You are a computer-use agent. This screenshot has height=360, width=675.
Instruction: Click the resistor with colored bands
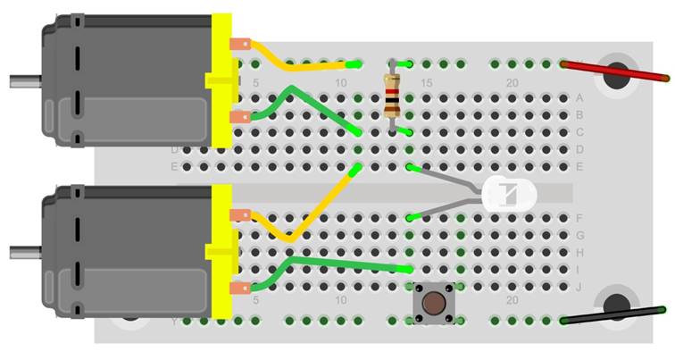[391, 97]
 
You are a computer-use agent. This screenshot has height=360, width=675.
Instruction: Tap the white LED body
[509, 193]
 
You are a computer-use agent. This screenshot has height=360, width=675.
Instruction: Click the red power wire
[616, 72]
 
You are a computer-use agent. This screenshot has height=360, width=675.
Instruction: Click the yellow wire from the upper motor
[295, 63]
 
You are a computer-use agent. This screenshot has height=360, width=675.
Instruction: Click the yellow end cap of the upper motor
[221, 80]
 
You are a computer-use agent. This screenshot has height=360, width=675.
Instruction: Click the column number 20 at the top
[512, 83]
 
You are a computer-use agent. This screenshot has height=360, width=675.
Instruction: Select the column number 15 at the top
[426, 83]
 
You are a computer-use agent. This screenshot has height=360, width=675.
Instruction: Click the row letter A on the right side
[580, 98]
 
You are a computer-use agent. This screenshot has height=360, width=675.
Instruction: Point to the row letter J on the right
[580, 287]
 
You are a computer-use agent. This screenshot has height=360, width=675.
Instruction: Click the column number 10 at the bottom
[340, 300]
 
